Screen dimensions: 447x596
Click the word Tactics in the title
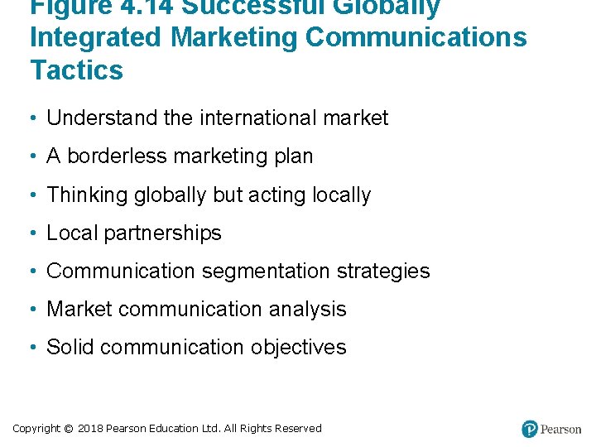(x=76, y=70)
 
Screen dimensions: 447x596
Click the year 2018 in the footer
(x=90, y=429)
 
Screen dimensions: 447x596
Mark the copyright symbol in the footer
(x=68, y=429)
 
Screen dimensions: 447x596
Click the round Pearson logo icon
(x=530, y=429)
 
